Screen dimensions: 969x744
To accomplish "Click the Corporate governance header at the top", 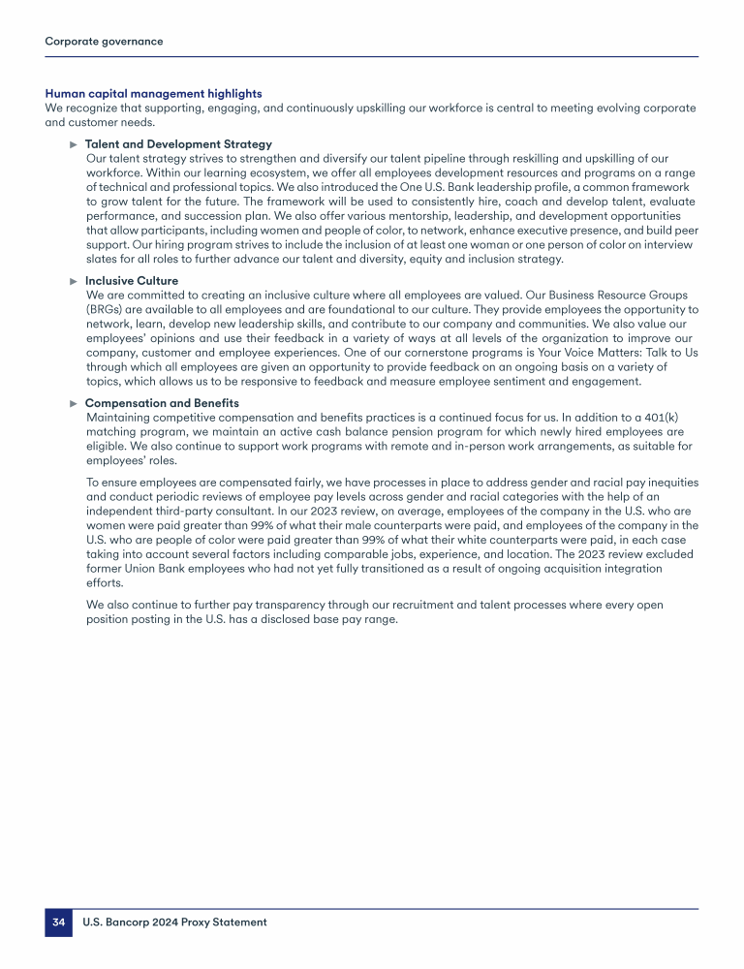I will pyautogui.click(x=104, y=42).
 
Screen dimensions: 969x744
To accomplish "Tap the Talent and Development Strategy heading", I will pyautogui.click(x=178, y=144).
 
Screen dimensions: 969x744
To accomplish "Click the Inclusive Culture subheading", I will pyautogui.click(x=132, y=281).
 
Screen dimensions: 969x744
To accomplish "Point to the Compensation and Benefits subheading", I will pyautogui.click(x=162, y=403).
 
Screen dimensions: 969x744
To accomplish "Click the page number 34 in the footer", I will pyautogui.click(x=58, y=922).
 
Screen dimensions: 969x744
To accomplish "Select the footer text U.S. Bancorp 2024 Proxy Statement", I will pyautogui.click(x=174, y=922).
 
